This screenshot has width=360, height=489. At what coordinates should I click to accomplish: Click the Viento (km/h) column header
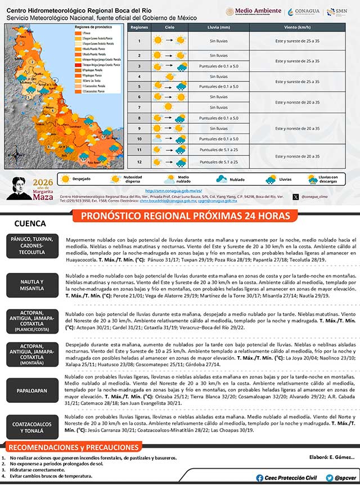[x=297, y=27]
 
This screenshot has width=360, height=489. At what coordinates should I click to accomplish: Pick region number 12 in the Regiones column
[x=138, y=162]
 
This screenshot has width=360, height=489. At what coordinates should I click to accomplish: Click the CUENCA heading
[x=30, y=223]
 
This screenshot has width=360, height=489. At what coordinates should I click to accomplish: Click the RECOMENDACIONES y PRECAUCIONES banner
[x=73, y=447]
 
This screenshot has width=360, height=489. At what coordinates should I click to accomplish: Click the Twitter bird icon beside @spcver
[x=329, y=478]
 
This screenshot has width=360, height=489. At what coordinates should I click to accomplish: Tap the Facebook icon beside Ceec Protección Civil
[x=259, y=478]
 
